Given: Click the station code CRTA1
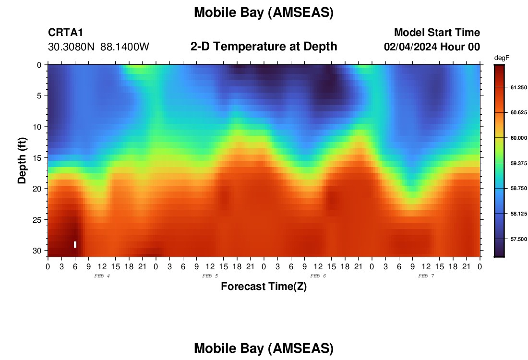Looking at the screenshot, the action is (65, 32).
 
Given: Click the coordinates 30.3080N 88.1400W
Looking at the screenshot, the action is (98, 47).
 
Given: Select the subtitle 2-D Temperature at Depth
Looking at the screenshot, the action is (264, 47).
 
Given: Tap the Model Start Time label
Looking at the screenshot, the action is (437, 32).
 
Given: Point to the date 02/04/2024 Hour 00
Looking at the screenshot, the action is (432, 47).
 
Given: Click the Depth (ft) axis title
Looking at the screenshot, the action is (22, 160).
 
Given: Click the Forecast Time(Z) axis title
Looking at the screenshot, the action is (264, 286).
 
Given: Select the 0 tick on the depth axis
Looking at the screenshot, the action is (39, 65).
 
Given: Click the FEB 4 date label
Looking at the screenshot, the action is (102, 276).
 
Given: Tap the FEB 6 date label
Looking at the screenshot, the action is (318, 276).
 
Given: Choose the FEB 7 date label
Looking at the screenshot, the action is (426, 276).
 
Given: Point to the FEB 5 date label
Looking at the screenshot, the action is (210, 276).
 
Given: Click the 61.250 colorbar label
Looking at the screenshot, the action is (518, 87).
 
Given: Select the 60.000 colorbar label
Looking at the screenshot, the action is (518, 138).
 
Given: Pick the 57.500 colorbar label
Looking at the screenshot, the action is (518, 239).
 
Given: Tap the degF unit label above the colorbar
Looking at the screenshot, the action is (502, 58).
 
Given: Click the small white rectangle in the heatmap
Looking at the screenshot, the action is (75, 244).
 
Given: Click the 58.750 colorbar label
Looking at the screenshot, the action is (518, 188).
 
